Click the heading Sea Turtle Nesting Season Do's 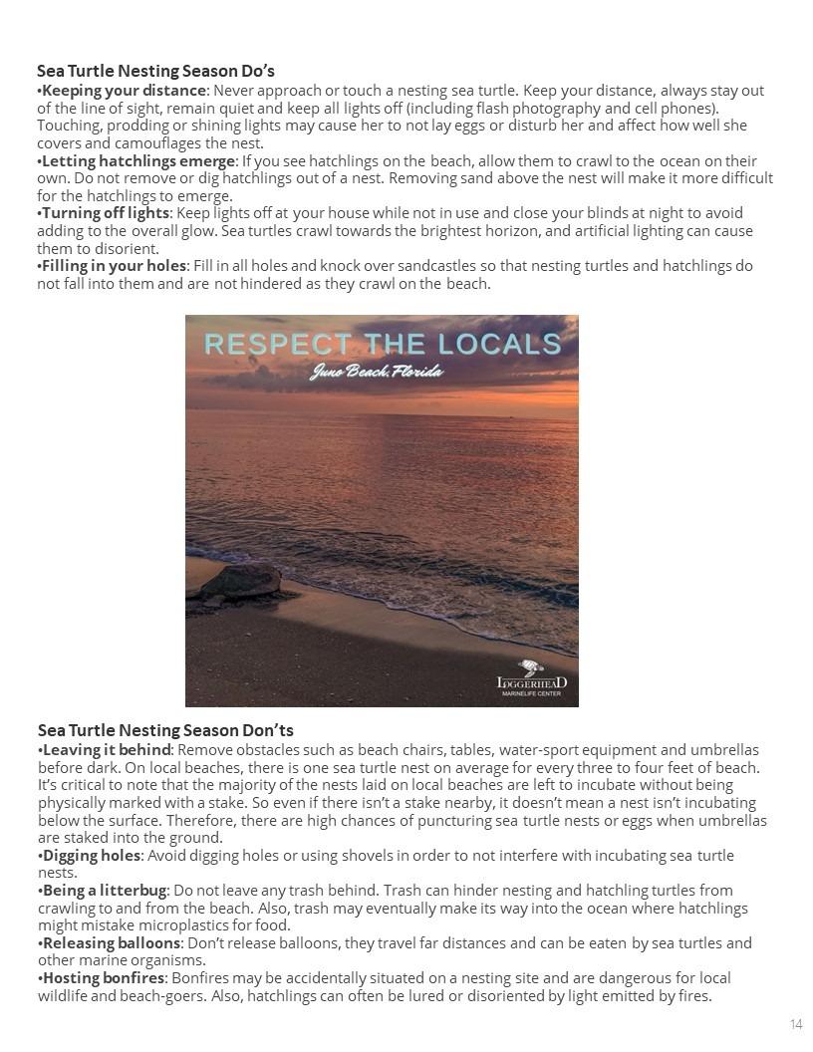pyautogui.click(x=155, y=71)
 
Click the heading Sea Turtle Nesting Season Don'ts pyautogui.click(x=165, y=730)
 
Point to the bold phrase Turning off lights pyautogui.click(x=106, y=213)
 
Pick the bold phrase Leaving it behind pyautogui.click(x=107, y=750)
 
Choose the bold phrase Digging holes pyautogui.click(x=92, y=856)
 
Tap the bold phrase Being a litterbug pyautogui.click(x=105, y=891)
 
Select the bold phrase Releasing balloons pyautogui.click(x=112, y=943)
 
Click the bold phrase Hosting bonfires pyautogui.click(x=104, y=978)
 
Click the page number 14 pyautogui.click(x=796, y=1025)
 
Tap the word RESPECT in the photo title pyautogui.click(x=278, y=345)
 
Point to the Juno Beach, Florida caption pyautogui.click(x=376, y=373)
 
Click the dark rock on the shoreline pyautogui.click(x=240, y=582)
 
